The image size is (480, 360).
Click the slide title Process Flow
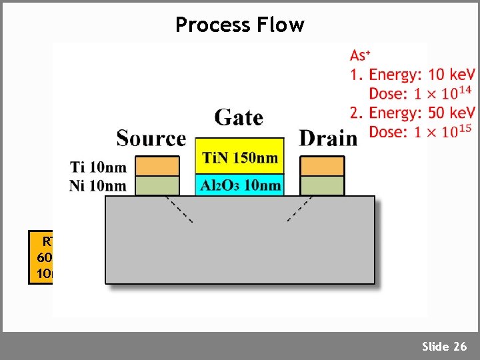coord(239,25)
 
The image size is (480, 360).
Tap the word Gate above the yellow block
coord(239,118)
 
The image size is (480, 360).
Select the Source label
coord(151,138)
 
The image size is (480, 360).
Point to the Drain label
coord(328,138)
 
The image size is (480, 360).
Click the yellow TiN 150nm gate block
coord(239,157)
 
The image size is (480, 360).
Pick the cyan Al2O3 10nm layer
coord(239,185)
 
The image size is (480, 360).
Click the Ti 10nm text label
coord(98,165)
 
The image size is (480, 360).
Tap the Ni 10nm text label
coord(98,185)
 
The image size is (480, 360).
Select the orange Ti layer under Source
coord(157,165)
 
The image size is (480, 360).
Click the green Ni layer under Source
coord(157,185)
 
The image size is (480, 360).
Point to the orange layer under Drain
coord(323,165)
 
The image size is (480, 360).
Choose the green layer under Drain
coord(323,185)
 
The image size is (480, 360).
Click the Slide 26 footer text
coord(444,346)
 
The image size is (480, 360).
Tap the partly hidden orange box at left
coord(41,257)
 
